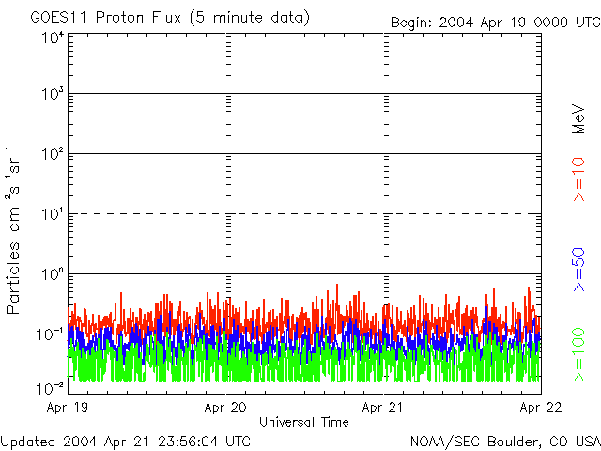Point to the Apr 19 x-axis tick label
pyautogui.click(x=69, y=408)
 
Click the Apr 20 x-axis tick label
pyautogui.click(x=226, y=408)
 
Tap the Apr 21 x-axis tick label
pyautogui.click(x=383, y=408)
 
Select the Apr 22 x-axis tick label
pyautogui.click(x=541, y=408)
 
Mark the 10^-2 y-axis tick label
pyautogui.click(x=51, y=387)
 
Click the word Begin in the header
pyautogui.click(x=409, y=22)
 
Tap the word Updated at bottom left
pyautogui.click(x=27, y=441)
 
